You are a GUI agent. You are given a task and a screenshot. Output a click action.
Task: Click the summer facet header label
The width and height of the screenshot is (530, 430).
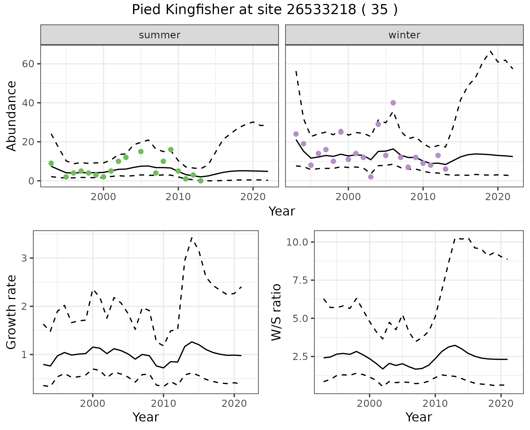160,35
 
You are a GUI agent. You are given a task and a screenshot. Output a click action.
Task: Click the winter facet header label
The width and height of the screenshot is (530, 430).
404,35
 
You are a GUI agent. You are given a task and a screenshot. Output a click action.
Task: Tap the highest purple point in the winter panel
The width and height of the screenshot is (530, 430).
393,103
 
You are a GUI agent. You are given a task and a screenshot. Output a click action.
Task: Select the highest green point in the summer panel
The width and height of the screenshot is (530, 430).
171,150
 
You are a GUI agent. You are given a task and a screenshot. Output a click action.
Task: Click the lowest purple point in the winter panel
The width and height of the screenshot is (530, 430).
371,177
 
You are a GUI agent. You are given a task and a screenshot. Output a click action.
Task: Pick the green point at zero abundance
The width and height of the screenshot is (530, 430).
201,181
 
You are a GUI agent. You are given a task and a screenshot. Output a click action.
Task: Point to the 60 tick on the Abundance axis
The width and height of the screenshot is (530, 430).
27,64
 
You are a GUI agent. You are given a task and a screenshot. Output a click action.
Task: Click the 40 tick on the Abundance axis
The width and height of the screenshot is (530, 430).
27,103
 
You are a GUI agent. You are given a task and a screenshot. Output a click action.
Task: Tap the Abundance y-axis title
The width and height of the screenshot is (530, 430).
12,116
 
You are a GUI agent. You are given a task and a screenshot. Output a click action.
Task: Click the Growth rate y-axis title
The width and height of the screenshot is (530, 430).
12,312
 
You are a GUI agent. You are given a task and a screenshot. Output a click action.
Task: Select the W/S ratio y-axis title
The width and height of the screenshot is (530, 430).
276,312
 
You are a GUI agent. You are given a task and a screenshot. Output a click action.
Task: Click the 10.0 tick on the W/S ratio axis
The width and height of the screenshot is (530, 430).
297,242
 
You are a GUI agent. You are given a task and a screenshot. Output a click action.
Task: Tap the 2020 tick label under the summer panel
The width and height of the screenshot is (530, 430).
253,197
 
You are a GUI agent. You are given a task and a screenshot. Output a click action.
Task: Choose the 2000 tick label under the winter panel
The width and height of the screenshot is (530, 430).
348,197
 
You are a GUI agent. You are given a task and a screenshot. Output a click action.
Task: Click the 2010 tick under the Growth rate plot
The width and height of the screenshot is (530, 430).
163,404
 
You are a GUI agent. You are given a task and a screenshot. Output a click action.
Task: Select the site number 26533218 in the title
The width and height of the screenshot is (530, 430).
321,10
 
